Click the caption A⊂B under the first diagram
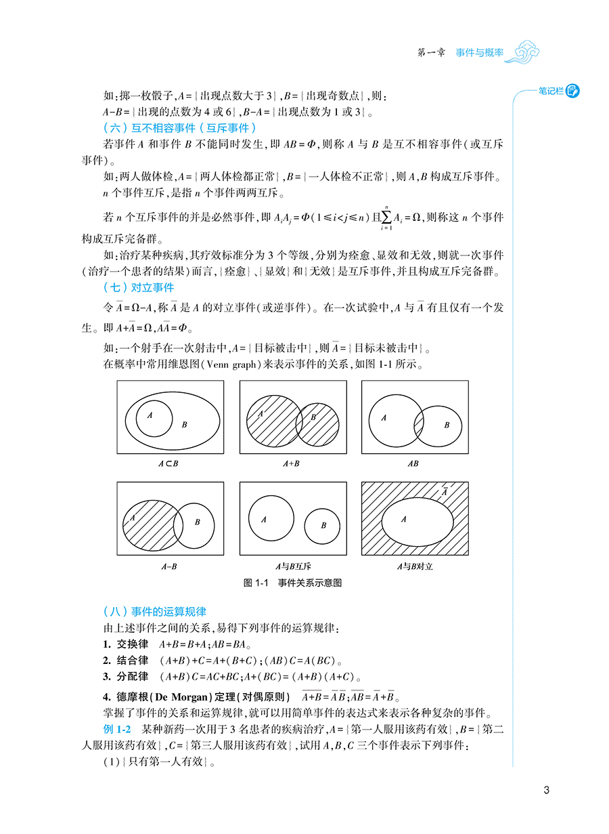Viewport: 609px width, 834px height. [168, 463]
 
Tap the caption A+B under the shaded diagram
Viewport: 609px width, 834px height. [292, 463]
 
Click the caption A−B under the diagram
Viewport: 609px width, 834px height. [168, 566]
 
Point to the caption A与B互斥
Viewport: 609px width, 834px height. [292, 566]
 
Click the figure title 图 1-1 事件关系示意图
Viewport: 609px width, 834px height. [292, 583]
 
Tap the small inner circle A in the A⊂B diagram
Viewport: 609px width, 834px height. [154, 418]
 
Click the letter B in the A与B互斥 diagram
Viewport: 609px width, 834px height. [323, 525]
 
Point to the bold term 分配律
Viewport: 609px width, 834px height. [130, 676]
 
